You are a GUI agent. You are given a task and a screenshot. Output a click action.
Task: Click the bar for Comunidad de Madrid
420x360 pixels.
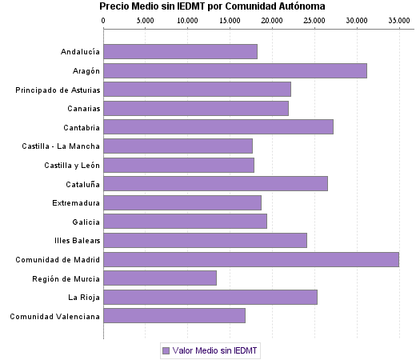click(250, 259)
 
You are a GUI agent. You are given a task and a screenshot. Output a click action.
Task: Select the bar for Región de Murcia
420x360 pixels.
click(160, 278)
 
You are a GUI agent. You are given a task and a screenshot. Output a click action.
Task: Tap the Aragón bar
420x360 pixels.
click(235, 70)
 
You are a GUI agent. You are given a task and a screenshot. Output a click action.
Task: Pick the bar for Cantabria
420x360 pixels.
click(218, 126)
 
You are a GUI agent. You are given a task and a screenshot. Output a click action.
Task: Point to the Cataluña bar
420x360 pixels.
click(215, 183)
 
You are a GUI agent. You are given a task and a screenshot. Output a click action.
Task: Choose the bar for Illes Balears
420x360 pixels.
click(205, 240)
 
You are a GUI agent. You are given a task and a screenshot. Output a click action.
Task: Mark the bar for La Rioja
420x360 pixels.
click(210, 297)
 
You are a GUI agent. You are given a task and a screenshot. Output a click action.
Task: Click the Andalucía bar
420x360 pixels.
click(180, 52)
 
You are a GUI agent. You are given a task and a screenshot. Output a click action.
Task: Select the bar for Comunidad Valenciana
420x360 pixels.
click(174, 316)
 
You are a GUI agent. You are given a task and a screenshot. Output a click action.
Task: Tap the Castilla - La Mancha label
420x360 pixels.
click(62, 146)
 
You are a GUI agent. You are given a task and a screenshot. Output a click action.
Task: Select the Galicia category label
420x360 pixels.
click(86, 222)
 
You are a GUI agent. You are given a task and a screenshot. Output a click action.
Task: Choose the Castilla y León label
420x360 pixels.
click(72, 165)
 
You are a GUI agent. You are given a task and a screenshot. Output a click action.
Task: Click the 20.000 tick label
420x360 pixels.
click(272, 19)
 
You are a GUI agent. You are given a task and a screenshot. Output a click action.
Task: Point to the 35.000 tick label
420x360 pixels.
click(398, 19)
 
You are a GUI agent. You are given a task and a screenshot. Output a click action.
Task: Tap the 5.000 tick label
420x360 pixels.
click(145, 19)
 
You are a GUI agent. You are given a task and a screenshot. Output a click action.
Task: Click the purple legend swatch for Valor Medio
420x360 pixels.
click(166, 350)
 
